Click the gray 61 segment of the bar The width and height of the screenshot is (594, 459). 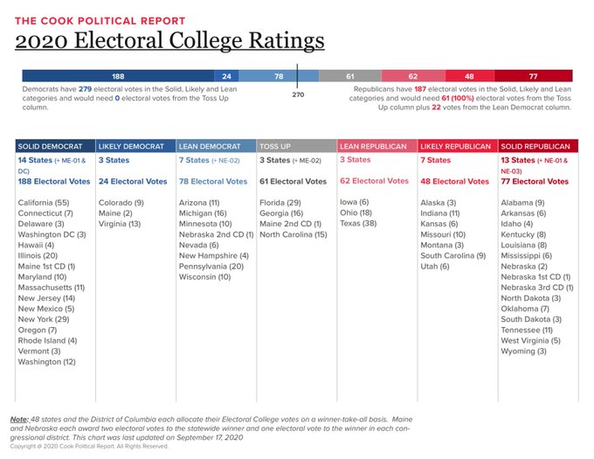349,76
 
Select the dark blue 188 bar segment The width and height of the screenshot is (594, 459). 119,76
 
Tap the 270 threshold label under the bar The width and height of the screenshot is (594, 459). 298,94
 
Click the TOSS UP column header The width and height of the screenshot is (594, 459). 280,145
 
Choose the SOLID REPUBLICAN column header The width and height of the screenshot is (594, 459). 535,145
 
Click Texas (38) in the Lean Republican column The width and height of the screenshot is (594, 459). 358,223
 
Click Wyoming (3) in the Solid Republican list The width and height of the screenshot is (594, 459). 524,351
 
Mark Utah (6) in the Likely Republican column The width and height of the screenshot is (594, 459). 435,266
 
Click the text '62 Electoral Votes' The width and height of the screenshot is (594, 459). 374,181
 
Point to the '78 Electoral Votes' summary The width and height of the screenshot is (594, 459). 212,181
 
